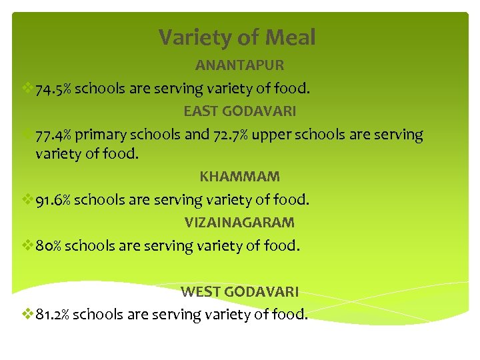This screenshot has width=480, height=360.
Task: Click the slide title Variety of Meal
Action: (x=237, y=38)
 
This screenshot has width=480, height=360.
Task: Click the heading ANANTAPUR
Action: (x=239, y=65)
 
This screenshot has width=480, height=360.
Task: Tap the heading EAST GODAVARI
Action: (x=240, y=111)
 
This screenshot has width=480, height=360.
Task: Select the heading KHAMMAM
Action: (x=239, y=177)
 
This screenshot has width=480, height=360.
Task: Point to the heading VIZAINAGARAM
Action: (x=239, y=222)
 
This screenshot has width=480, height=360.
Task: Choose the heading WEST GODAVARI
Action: (x=239, y=291)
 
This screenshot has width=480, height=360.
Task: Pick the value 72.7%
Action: (x=231, y=135)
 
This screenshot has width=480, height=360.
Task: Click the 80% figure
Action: (x=49, y=246)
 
